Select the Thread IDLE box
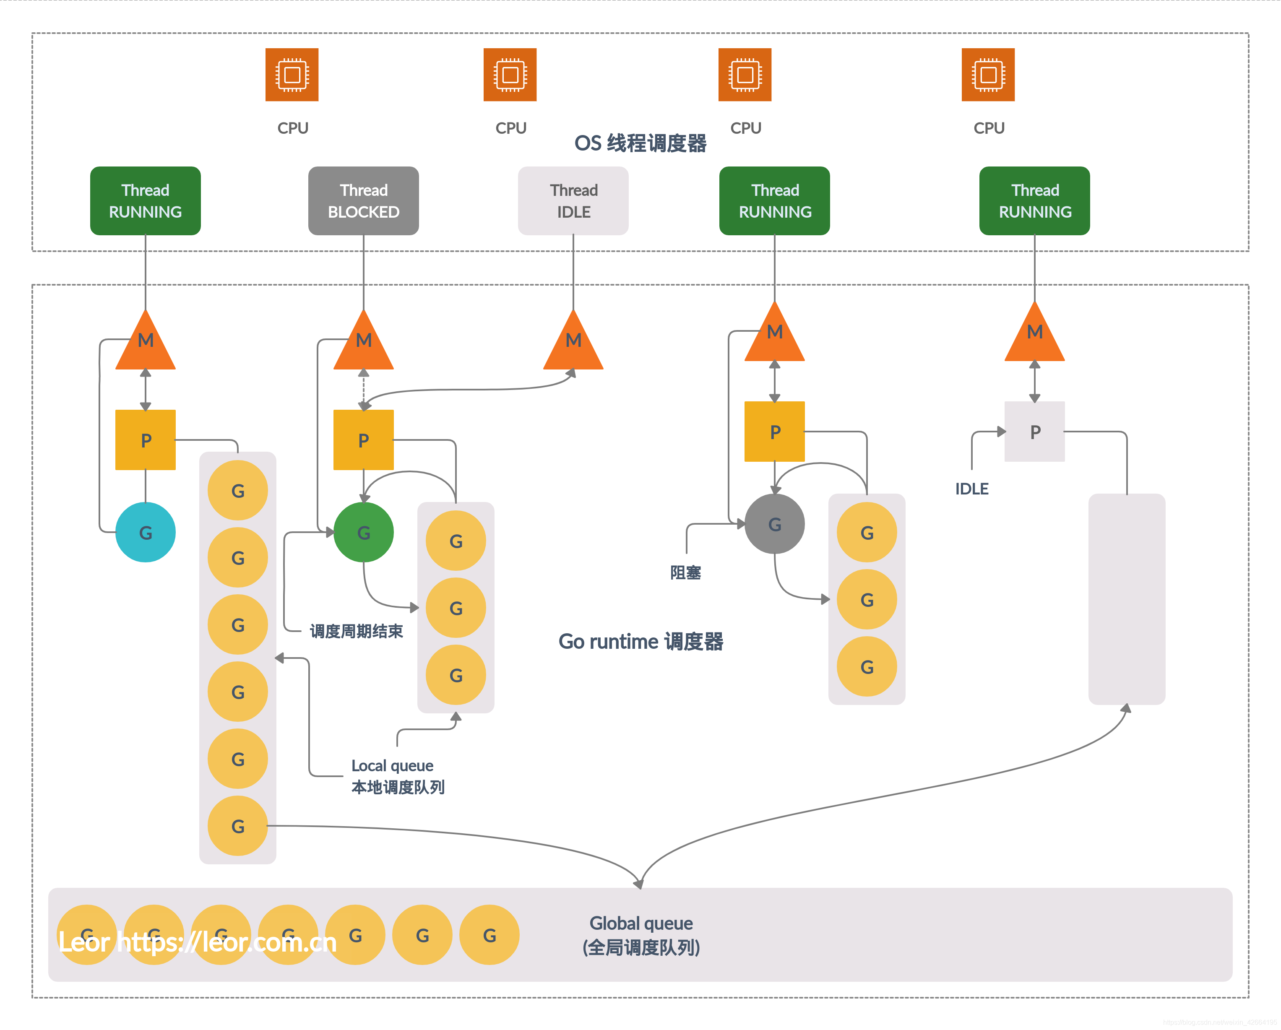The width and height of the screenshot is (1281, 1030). point(573,201)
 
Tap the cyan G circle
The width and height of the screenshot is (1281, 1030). point(145,532)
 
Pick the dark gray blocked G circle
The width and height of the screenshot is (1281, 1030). point(774,524)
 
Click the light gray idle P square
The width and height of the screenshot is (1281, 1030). point(1034,432)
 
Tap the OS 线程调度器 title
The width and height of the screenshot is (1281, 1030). point(640,143)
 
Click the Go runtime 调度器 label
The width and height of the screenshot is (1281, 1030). point(640,642)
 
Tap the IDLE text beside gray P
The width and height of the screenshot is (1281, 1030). point(971,489)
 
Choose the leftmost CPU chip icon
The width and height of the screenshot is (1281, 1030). point(292,75)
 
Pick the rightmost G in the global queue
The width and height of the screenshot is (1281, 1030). point(489,935)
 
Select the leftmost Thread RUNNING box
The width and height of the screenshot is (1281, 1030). point(145,201)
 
